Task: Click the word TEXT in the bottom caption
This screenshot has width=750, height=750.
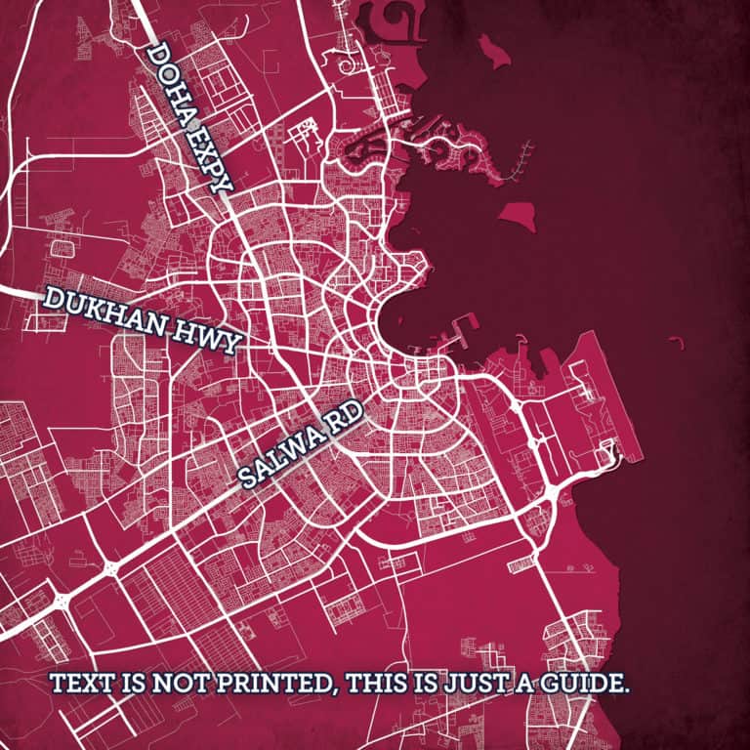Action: [x=81, y=683]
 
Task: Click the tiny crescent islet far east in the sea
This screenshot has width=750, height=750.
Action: [x=675, y=341]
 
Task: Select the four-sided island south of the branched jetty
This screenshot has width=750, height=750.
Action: [x=519, y=214]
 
